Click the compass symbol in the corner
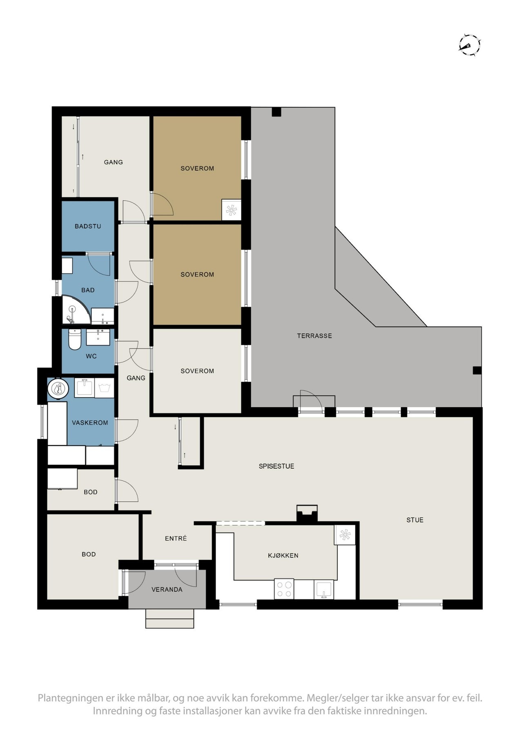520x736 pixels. point(469,45)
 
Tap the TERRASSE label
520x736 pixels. point(314,336)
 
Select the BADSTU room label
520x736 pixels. point(88,226)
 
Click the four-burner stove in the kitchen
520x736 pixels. point(284,589)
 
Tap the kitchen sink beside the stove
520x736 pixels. point(324,590)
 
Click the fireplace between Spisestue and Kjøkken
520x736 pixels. point(306,514)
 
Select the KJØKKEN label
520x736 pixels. point(283,555)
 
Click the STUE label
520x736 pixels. point(415,520)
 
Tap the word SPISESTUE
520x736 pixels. point(276,466)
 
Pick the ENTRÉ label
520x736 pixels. point(176,539)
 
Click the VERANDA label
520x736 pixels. point(167,590)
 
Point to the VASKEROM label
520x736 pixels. point(90,422)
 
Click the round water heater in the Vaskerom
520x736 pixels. point(58,388)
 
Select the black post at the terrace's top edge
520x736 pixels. point(277,112)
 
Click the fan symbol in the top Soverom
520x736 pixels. point(231,210)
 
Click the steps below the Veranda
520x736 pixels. point(170,618)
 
